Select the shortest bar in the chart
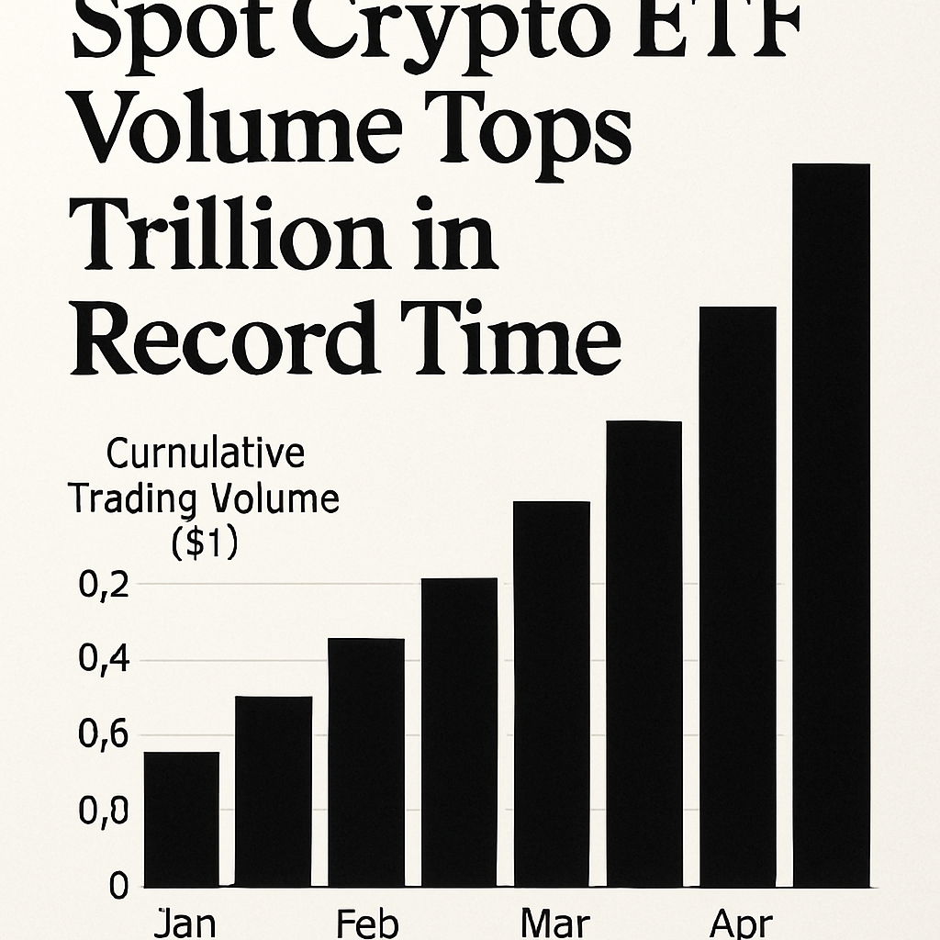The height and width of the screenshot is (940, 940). (182, 820)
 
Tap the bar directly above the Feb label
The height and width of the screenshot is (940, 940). (366, 762)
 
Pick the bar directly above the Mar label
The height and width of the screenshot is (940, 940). (551, 694)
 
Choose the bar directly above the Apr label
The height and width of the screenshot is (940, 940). (737, 597)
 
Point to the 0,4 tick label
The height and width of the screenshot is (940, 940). (102, 660)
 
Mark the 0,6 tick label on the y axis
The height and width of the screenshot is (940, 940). (102, 736)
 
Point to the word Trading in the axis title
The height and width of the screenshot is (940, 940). (132, 500)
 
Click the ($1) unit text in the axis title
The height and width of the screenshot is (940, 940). (204, 544)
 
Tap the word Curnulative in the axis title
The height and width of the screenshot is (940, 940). (205, 454)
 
